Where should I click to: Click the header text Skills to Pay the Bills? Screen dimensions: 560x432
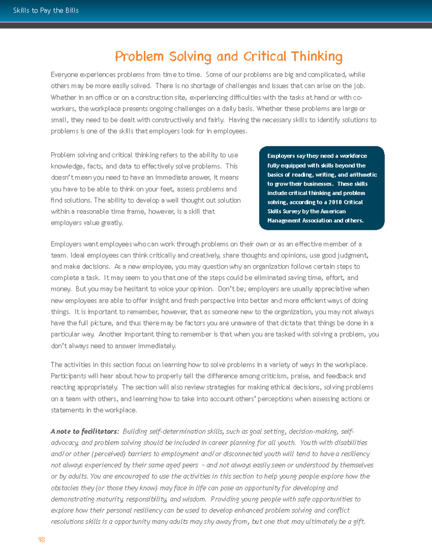coord(46,10)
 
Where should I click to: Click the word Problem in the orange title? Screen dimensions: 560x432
coord(139,57)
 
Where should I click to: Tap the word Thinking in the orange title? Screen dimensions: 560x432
coord(316,57)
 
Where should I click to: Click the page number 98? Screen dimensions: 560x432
coord(41,539)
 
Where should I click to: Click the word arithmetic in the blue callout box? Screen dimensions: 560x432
coord(363,175)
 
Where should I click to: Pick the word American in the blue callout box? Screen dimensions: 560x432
coord(333,211)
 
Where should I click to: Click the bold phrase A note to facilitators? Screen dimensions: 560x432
coord(85,431)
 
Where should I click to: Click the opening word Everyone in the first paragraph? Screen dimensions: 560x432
coord(64,75)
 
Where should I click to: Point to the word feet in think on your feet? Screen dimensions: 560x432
coord(166,189)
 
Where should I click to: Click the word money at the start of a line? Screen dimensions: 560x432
coord(60,289)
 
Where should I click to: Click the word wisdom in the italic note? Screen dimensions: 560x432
coord(194,499)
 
